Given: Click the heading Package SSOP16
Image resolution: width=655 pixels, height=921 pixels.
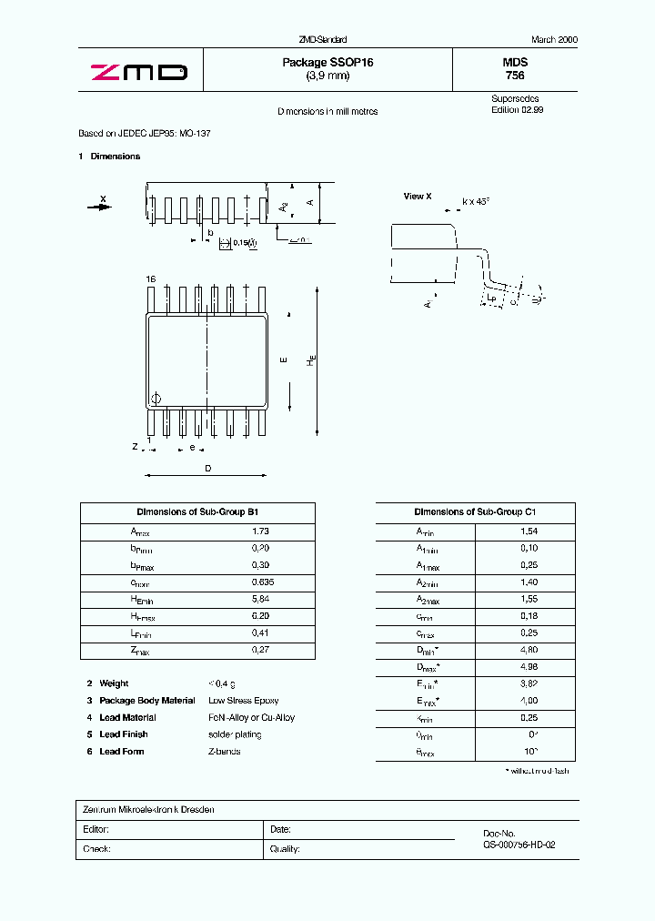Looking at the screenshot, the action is pyautogui.click(x=327, y=62).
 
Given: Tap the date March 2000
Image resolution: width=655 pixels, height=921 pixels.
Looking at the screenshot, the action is pyautogui.click(x=554, y=40).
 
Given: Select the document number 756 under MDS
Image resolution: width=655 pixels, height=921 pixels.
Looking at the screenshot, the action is pyautogui.click(x=515, y=76).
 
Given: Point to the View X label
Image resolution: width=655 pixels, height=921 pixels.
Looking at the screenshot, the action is pyautogui.click(x=418, y=197).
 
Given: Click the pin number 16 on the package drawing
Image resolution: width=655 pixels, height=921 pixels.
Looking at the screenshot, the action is pyautogui.click(x=151, y=278).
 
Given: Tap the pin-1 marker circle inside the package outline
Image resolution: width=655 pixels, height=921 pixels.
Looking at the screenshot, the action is pyautogui.click(x=155, y=398).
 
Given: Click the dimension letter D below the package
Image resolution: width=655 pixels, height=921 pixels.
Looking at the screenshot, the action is pyautogui.click(x=207, y=468).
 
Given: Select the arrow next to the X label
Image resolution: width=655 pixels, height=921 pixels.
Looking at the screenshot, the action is pyautogui.click(x=97, y=207).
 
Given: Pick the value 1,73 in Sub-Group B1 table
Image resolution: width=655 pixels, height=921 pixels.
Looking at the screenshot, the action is pyautogui.click(x=260, y=531).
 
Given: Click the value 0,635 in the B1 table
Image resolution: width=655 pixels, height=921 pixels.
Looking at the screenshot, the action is pyautogui.click(x=262, y=582).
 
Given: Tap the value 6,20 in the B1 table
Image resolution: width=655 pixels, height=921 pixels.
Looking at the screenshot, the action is pyautogui.click(x=260, y=616).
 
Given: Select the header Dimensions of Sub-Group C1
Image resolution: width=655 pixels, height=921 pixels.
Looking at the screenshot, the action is pyautogui.click(x=475, y=512).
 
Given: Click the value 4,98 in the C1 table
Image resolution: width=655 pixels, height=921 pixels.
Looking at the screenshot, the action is pyautogui.click(x=529, y=666).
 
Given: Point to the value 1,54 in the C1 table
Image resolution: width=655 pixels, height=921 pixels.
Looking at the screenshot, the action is pyautogui.click(x=529, y=531).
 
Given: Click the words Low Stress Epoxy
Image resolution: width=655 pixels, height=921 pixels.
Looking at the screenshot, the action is pyautogui.click(x=244, y=701).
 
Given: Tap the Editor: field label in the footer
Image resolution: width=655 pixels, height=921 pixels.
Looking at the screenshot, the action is pyautogui.click(x=96, y=830).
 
